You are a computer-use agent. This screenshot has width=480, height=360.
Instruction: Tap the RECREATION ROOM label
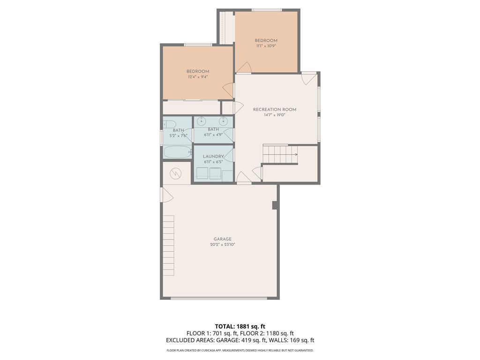click(275, 110)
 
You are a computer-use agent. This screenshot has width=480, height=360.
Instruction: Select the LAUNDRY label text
click(213, 157)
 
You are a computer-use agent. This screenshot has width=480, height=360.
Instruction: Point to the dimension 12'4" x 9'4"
click(198, 77)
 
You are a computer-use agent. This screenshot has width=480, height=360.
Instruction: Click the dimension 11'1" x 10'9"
click(266, 46)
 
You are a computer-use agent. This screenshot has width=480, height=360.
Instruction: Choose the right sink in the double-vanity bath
click(224, 120)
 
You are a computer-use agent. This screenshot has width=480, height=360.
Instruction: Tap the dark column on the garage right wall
click(275, 205)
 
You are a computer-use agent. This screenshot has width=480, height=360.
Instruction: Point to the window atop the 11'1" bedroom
click(266, 10)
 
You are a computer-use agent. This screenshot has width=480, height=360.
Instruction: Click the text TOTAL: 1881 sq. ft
click(240, 326)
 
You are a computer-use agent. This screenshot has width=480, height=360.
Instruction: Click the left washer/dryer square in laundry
click(202, 173)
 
